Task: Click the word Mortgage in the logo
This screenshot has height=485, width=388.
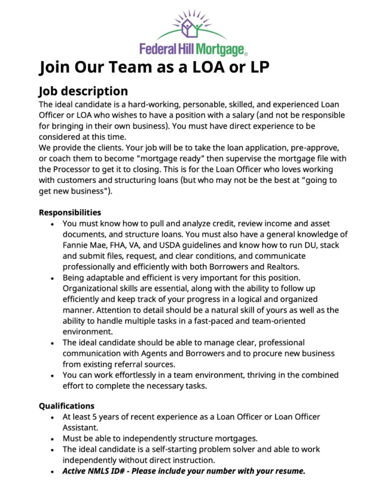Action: coord(221,48)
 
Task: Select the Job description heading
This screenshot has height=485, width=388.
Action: coord(83,91)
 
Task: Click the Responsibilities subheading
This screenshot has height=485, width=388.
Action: coord(70,212)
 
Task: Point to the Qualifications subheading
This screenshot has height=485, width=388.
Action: coord(66,406)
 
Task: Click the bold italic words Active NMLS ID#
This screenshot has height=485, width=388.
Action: coord(101,471)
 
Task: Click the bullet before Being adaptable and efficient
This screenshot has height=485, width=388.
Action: coord(53,278)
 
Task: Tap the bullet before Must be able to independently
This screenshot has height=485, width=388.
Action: coord(53,439)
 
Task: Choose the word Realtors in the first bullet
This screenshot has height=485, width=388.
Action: coord(281,267)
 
